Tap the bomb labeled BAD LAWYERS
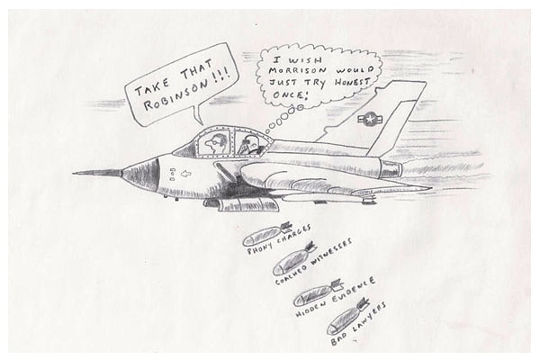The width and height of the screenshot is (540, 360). pyautogui.click(x=347, y=315)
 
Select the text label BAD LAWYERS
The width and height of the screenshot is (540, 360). pyautogui.click(x=359, y=325)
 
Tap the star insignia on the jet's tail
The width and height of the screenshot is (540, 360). pyautogui.click(x=370, y=118)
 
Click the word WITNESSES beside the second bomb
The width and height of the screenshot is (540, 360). pyautogui.click(x=331, y=258)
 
